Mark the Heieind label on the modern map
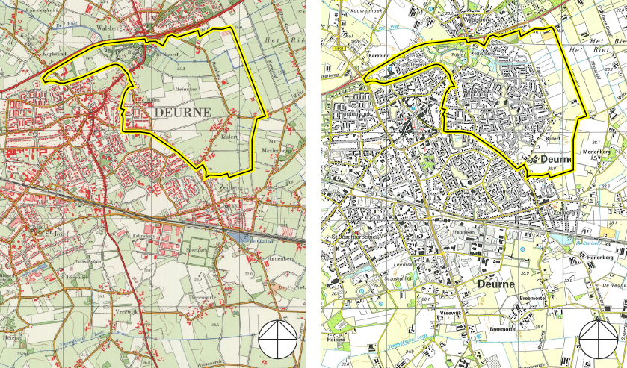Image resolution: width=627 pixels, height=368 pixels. click(x=336, y=340)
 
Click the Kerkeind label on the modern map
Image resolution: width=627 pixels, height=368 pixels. click(x=380, y=55)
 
